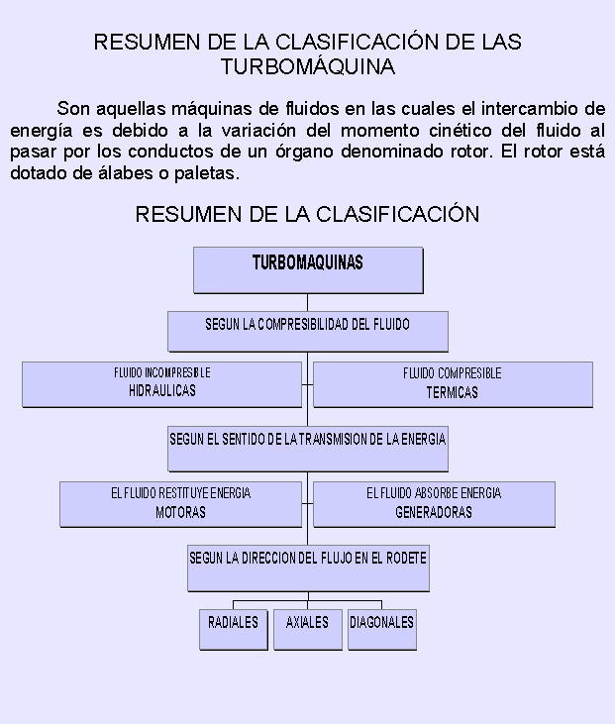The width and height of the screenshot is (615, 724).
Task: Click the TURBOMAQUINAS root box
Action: tap(308, 270)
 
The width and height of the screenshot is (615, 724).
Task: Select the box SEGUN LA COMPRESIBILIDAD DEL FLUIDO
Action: tap(307, 332)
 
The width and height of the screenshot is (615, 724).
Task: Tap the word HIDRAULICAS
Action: tap(162, 390)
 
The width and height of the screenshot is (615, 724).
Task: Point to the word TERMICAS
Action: tap(452, 392)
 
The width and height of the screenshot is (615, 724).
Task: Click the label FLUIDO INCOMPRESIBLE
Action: tap(162, 372)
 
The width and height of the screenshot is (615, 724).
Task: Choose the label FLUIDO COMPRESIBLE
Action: tap(452, 373)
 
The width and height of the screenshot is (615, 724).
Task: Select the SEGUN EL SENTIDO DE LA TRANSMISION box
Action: tap(307, 449)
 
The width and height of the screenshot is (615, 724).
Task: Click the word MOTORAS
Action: tap(180, 512)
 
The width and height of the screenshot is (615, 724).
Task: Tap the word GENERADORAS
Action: tap(434, 512)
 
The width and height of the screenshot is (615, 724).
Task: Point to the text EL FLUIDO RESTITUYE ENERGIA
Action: tap(180, 493)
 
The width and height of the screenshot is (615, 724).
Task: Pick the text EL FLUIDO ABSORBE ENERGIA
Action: tap(434, 493)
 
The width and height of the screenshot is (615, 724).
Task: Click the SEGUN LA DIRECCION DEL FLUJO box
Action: tap(308, 568)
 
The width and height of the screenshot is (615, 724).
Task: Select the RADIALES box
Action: tap(233, 629)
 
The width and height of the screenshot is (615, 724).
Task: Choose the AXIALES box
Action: tap(307, 629)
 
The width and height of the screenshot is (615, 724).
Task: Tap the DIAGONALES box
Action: tap(382, 629)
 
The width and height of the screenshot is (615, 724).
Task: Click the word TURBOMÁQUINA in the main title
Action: tap(308, 66)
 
